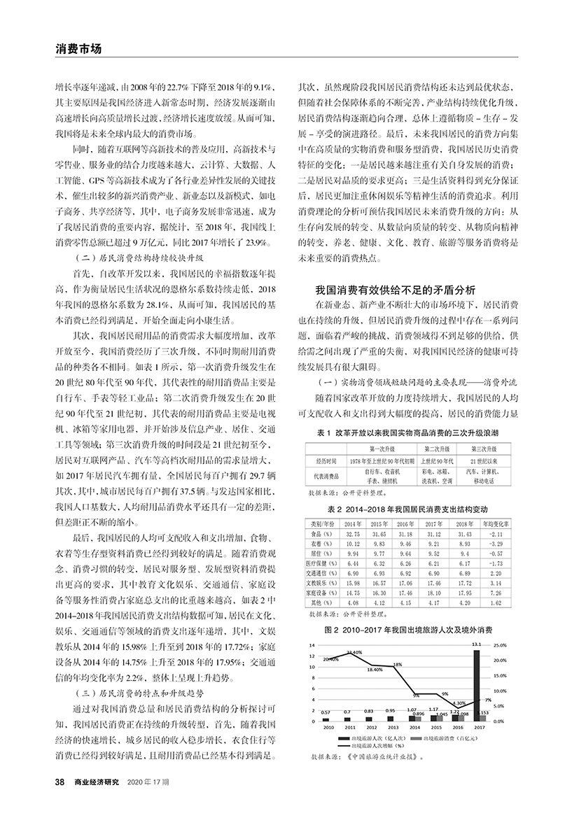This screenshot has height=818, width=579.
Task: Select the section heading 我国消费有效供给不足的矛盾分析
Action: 396,288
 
